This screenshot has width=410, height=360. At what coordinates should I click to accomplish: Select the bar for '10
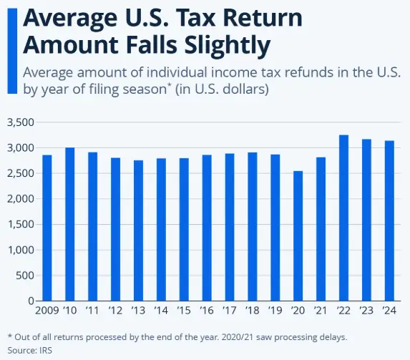[x=70, y=224]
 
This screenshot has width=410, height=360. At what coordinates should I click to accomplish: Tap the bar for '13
[x=138, y=230]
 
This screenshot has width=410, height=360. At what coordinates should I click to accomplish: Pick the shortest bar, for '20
[x=298, y=235]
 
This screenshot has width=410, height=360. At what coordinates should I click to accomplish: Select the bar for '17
[x=230, y=227]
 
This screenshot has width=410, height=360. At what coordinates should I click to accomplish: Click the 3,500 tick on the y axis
[x=20, y=122]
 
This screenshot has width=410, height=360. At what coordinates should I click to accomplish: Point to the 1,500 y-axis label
[x=20, y=225]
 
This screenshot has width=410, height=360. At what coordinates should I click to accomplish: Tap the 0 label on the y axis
[x=31, y=301]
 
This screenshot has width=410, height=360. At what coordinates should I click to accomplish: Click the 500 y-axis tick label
[x=24, y=276]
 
